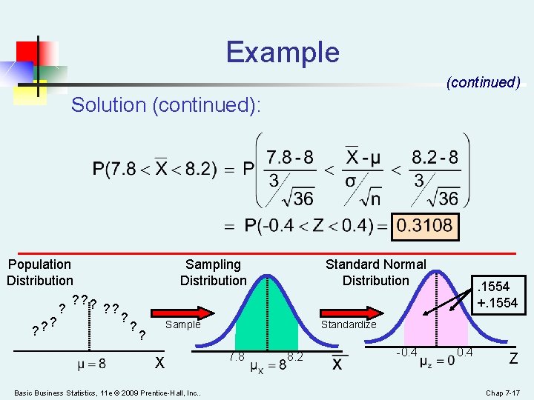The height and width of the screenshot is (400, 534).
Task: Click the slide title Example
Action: tap(283, 53)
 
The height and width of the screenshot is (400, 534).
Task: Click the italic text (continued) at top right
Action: tap(483, 82)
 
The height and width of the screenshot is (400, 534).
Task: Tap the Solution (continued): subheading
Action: tap(166, 105)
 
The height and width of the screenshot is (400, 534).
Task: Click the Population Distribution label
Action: tap(40, 273)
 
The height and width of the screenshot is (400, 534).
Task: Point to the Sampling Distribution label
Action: tap(213, 273)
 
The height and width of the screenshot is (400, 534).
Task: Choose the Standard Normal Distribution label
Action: tap(375, 273)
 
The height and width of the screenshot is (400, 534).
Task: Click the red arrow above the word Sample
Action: tap(182, 310)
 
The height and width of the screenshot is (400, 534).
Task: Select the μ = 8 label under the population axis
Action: tap(91, 364)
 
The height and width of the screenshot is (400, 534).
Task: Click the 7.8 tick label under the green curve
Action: tap(237, 357)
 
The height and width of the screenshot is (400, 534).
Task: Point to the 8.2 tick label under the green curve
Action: tap(295, 357)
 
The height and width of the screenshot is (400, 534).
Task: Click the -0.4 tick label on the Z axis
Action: tap(406, 351)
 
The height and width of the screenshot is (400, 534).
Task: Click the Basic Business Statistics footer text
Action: tap(108, 392)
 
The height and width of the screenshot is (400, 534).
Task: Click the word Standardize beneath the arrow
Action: tap(348, 324)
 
